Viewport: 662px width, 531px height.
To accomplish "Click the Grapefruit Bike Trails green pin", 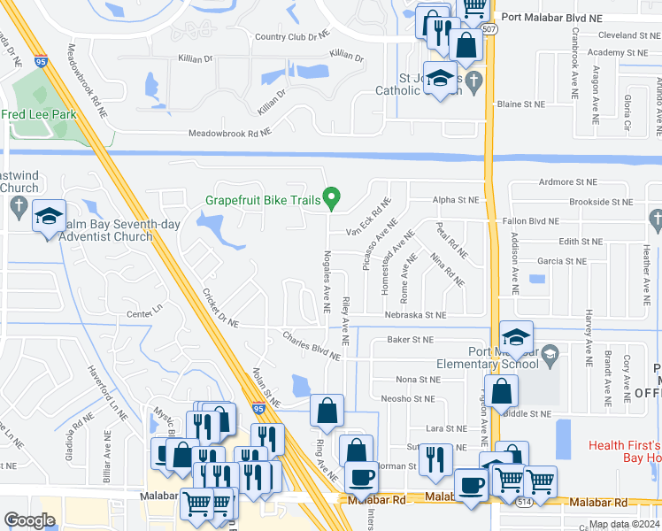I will (332, 198).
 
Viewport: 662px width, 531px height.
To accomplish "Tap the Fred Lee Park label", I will (37, 114).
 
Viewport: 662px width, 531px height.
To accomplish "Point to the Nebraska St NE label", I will (415, 314).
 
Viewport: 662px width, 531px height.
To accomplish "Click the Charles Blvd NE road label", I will (311, 345).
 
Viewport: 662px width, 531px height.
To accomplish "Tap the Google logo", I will (30, 519).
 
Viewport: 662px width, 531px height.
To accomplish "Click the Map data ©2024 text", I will (624, 524).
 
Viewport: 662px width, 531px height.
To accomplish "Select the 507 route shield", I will (490, 29).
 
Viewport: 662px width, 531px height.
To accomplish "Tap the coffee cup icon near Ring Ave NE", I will (360, 478).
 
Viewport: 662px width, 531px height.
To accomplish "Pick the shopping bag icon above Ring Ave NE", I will (327, 410).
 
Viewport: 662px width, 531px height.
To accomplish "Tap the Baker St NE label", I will (411, 339).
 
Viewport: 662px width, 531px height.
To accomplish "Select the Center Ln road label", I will (146, 313).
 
